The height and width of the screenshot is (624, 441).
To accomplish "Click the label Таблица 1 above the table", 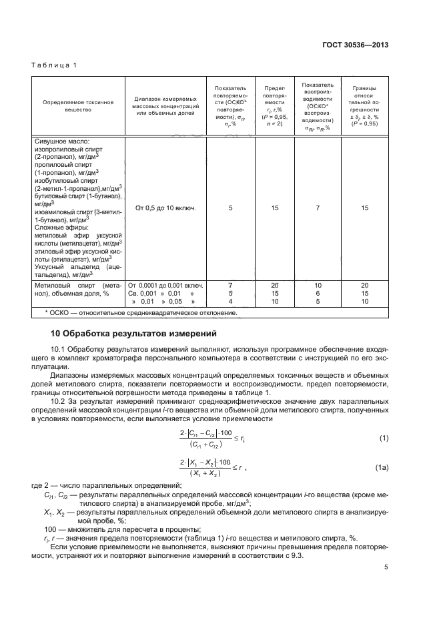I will (x=54, y=65).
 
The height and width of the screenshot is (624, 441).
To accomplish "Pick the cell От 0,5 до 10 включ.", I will (x=165, y=208).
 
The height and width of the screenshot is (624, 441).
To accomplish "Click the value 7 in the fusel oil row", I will (x=318, y=208).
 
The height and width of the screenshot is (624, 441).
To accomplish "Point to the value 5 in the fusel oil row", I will (x=231, y=208).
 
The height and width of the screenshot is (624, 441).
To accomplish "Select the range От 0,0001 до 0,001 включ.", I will (x=165, y=285).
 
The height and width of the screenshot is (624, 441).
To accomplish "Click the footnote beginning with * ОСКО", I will (x=140, y=311).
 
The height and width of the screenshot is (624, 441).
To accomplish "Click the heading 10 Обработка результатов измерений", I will (x=133, y=333).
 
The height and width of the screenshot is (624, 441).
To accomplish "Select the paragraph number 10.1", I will (x=59, y=349).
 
